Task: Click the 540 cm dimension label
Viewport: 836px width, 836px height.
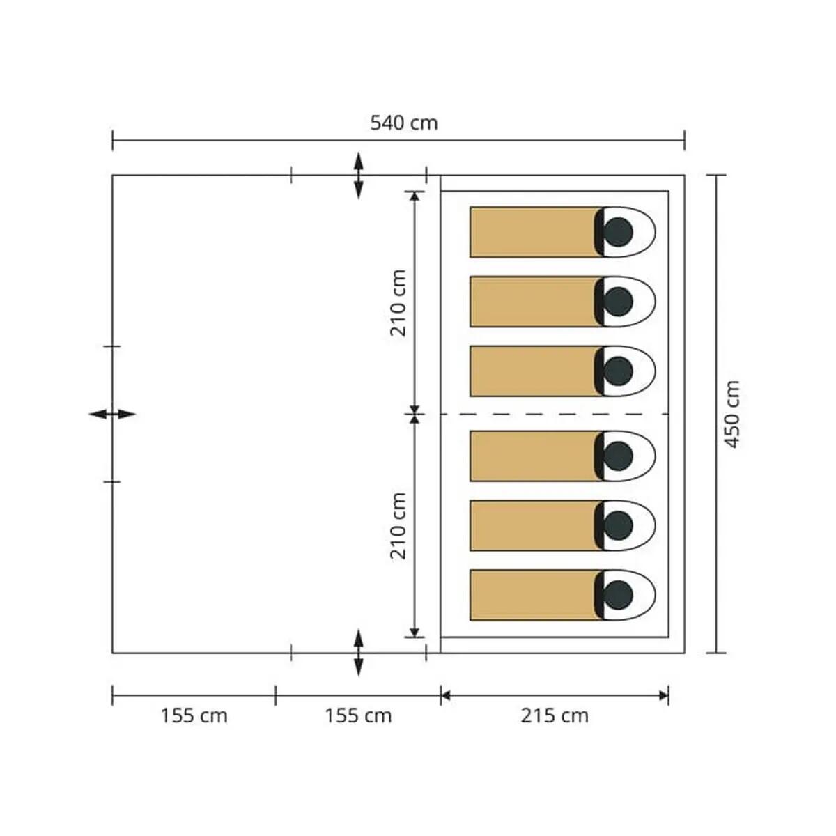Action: (x=404, y=123)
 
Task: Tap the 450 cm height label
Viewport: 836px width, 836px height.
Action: (x=732, y=415)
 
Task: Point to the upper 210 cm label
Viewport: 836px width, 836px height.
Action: (x=398, y=303)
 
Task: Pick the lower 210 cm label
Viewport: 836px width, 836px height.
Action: (x=398, y=526)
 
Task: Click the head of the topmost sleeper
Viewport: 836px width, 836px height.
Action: (x=618, y=232)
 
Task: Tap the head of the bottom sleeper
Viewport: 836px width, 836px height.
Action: (x=618, y=595)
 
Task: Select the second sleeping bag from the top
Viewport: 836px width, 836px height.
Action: (x=563, y=302)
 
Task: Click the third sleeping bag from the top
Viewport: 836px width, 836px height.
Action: (x=563, y=371)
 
